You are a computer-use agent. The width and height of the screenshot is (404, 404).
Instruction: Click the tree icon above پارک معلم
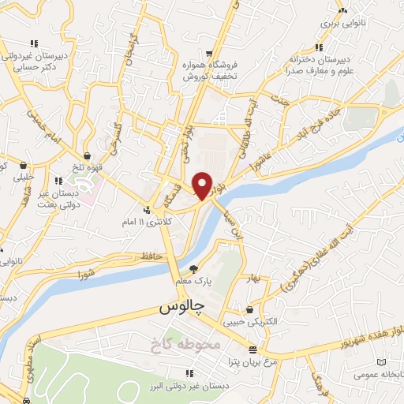tap(193, 270)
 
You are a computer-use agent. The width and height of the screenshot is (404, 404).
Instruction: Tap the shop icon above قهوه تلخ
tap(87, 155)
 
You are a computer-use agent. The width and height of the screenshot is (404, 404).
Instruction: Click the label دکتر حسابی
tap(34, 68)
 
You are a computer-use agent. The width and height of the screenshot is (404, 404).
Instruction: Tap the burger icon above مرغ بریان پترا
tap(252, 350)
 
